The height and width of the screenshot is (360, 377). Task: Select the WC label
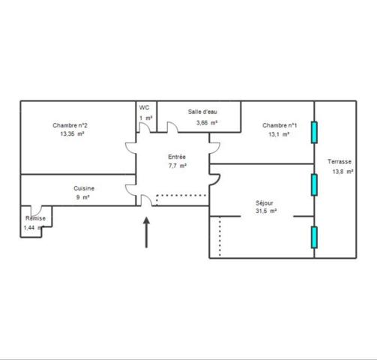point(144,108)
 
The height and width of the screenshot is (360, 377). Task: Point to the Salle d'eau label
point(202,112)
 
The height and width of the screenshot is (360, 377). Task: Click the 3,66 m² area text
point(206,123)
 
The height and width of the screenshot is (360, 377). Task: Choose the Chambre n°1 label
point(279,125)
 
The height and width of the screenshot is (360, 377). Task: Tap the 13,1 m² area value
point(279,136)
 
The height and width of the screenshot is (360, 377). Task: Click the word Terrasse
point(340,161)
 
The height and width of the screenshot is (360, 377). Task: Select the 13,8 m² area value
point(343,172)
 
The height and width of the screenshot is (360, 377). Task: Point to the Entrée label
point(177,156)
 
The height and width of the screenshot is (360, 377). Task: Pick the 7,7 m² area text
point(177,166)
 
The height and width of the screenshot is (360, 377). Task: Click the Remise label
point(35,218)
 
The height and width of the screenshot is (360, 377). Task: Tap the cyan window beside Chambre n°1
point(315,132)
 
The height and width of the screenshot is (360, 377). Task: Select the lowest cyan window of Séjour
point(315,236)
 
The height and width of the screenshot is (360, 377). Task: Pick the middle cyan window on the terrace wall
point(315,184)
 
